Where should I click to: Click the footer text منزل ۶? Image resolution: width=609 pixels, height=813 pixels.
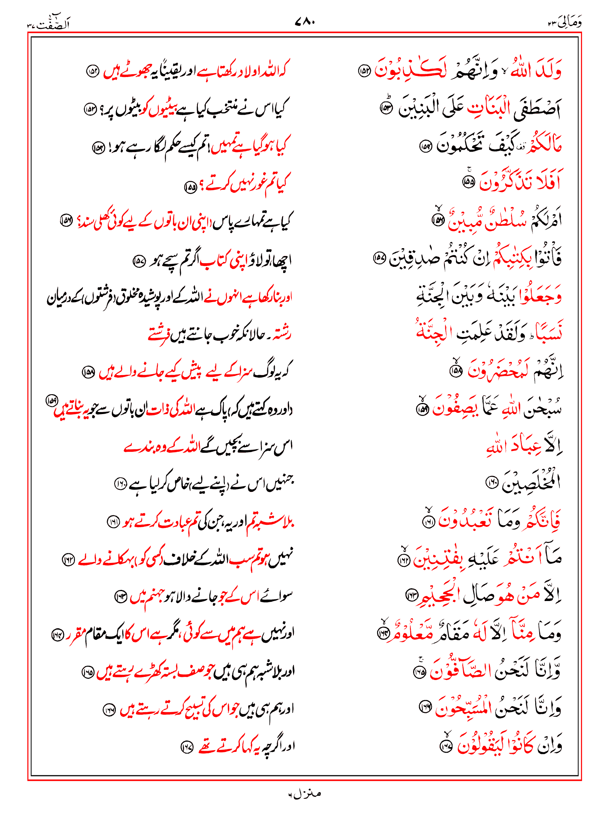pos(304,794)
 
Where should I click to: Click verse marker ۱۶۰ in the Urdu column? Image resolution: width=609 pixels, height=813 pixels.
pos(120,483)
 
